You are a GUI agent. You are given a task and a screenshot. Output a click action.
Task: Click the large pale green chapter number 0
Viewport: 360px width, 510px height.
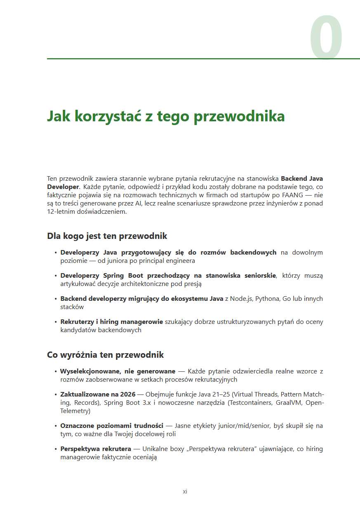point(326,38)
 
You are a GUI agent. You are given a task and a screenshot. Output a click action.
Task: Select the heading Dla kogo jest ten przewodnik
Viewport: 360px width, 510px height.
point(107,236)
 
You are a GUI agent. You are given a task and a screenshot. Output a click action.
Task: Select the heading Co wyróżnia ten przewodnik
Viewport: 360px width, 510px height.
point(105,355)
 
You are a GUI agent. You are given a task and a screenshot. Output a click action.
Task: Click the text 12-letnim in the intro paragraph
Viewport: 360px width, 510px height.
point(59,212)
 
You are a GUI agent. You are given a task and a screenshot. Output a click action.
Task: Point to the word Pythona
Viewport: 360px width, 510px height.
point(268,299)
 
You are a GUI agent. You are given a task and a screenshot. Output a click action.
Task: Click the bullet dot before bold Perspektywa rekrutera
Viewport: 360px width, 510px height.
point(56,449)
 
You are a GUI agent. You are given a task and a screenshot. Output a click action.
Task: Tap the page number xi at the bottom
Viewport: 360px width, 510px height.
point(185,492)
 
